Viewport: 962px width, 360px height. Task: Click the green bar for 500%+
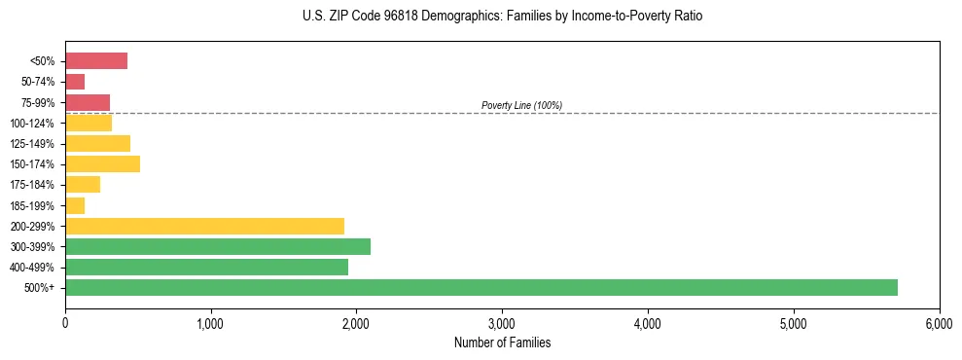tap(481, 287)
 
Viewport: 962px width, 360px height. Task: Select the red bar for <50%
tap(96, 61)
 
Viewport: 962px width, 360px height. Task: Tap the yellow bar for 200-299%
tap(204, 226)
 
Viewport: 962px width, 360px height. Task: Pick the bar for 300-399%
tap(218, 246)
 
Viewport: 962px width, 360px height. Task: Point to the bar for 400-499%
tap(206, 267)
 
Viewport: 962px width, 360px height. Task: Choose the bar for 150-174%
tap(102, 163)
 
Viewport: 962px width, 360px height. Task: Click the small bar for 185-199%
tap(75, 205)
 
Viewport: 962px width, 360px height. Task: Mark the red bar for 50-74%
tap(75, 82)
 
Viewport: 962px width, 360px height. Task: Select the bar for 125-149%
tap(97, 143)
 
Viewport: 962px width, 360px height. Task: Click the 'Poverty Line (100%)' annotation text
tap(521, 105)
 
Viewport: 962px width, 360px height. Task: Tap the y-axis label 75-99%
tap(38, 103)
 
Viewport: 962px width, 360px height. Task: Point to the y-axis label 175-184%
tap(35, 185)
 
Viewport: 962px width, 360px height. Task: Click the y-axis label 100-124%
tap(35, 124)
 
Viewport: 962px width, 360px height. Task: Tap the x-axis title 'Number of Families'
tap(502, 342)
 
